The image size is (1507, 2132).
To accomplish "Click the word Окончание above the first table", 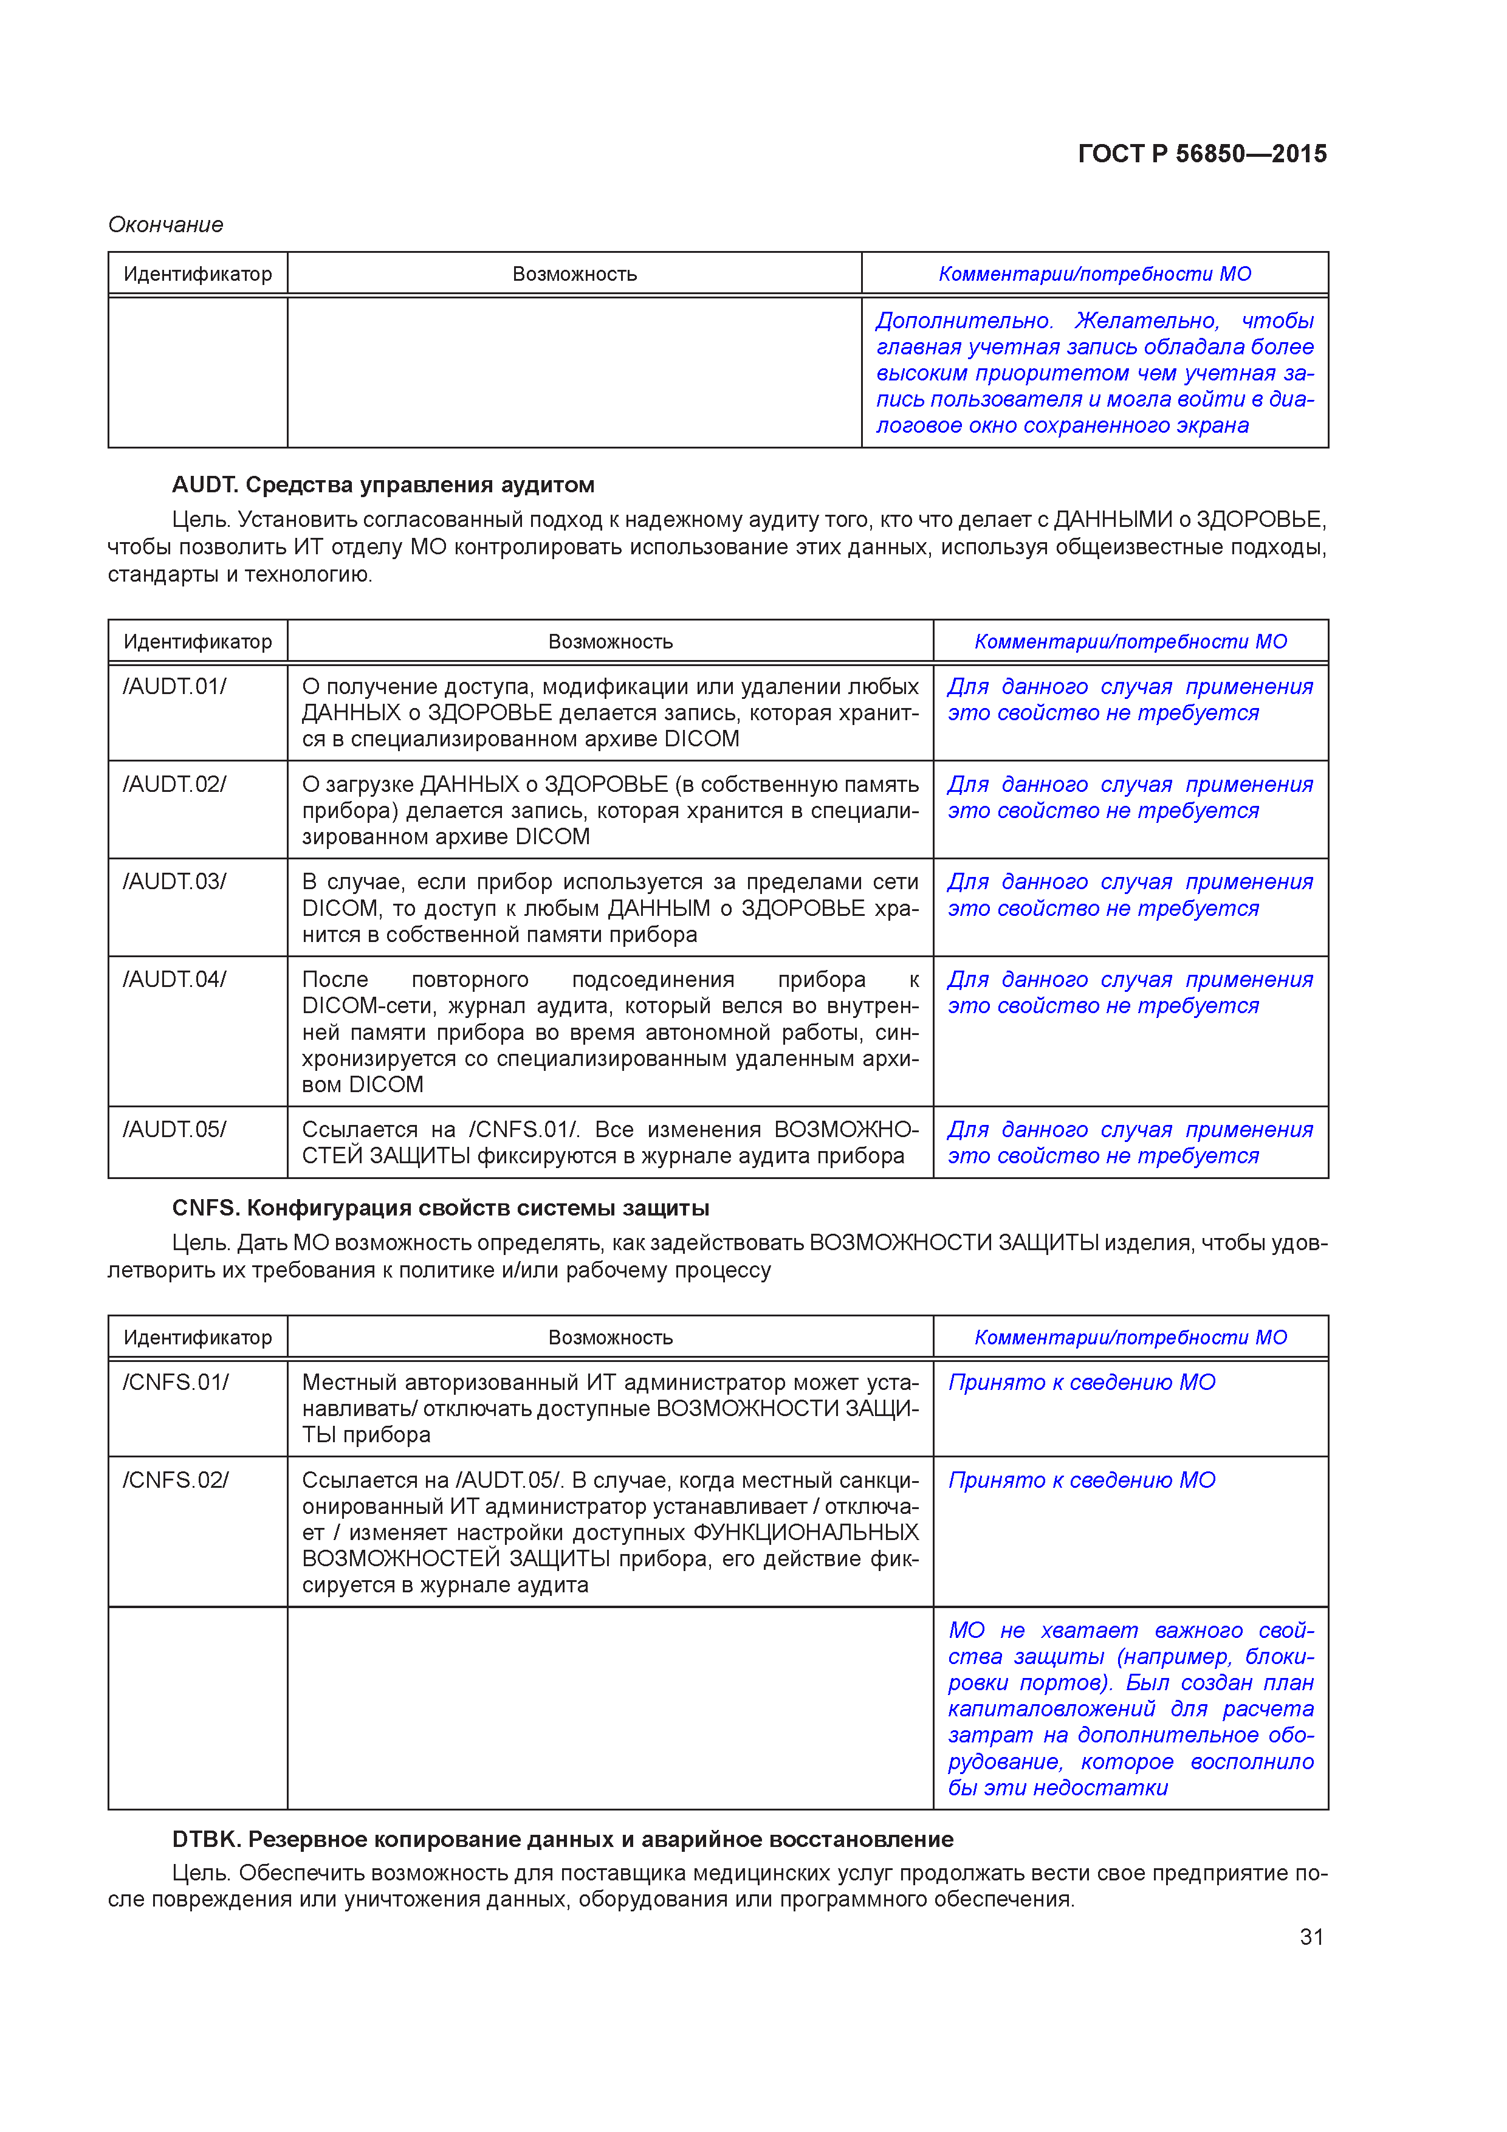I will tap(165, 225).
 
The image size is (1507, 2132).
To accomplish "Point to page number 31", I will tap(1311, 1936).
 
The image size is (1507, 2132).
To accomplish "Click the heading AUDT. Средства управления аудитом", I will tap(383, 485).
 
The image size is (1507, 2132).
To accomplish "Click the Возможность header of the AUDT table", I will tap(610, 642).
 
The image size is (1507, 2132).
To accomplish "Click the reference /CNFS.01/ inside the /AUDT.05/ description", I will tap(524, 1129).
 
